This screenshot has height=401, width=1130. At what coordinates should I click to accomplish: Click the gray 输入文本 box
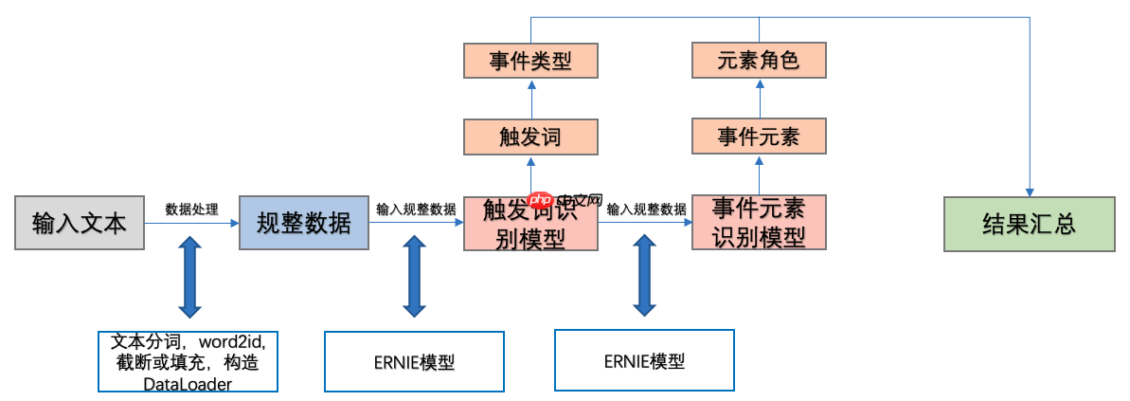pyautogui.click(x=79, y=224)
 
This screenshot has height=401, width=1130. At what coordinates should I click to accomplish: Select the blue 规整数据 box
pyautogui.click(x=303, y=224)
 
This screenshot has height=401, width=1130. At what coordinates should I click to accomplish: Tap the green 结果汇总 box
pyautogui.click(x=1029, y=224)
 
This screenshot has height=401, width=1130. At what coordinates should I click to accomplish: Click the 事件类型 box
pyautogui.click(x=530, y=62)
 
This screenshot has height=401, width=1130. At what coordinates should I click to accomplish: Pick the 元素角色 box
pyautogui.click(x=759, y=62)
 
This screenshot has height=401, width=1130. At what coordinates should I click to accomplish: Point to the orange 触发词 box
pyautogui.click(x=530, y=137)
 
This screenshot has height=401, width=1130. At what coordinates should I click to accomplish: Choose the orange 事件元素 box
pyautogui.click(x=759, y=137)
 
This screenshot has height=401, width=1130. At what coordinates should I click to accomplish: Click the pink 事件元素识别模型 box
pyautogui.click(x=759, y=223)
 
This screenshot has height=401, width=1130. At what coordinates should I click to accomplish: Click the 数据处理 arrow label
pyautogui.click(x=191, y=210)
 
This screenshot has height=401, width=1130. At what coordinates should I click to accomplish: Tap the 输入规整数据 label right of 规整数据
pyautogui.click(x=416, y=210)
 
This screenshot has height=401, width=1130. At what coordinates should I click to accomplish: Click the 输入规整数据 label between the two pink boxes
pyautogui.click(x=646, y=210)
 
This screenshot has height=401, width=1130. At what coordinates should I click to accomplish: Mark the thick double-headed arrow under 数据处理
pyautogui.click(x=190, y=277)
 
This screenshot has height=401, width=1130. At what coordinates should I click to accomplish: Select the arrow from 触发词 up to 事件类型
pyautogui.click(x=530, y=99)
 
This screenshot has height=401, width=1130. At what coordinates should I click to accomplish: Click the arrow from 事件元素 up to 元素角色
pyautogui.click(x=759, y=99)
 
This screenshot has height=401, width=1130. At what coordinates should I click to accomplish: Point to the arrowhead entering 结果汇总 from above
pyautogui.click(x=1029, y=190)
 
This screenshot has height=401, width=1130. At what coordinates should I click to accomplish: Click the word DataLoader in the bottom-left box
pyautogui.click(x=188, y=384)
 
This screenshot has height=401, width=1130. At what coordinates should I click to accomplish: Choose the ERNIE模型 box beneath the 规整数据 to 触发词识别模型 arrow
pyautogui.click(x=414, y=361)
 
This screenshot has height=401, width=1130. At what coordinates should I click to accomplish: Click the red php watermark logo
pyautogui.click(x=540, y=201)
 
